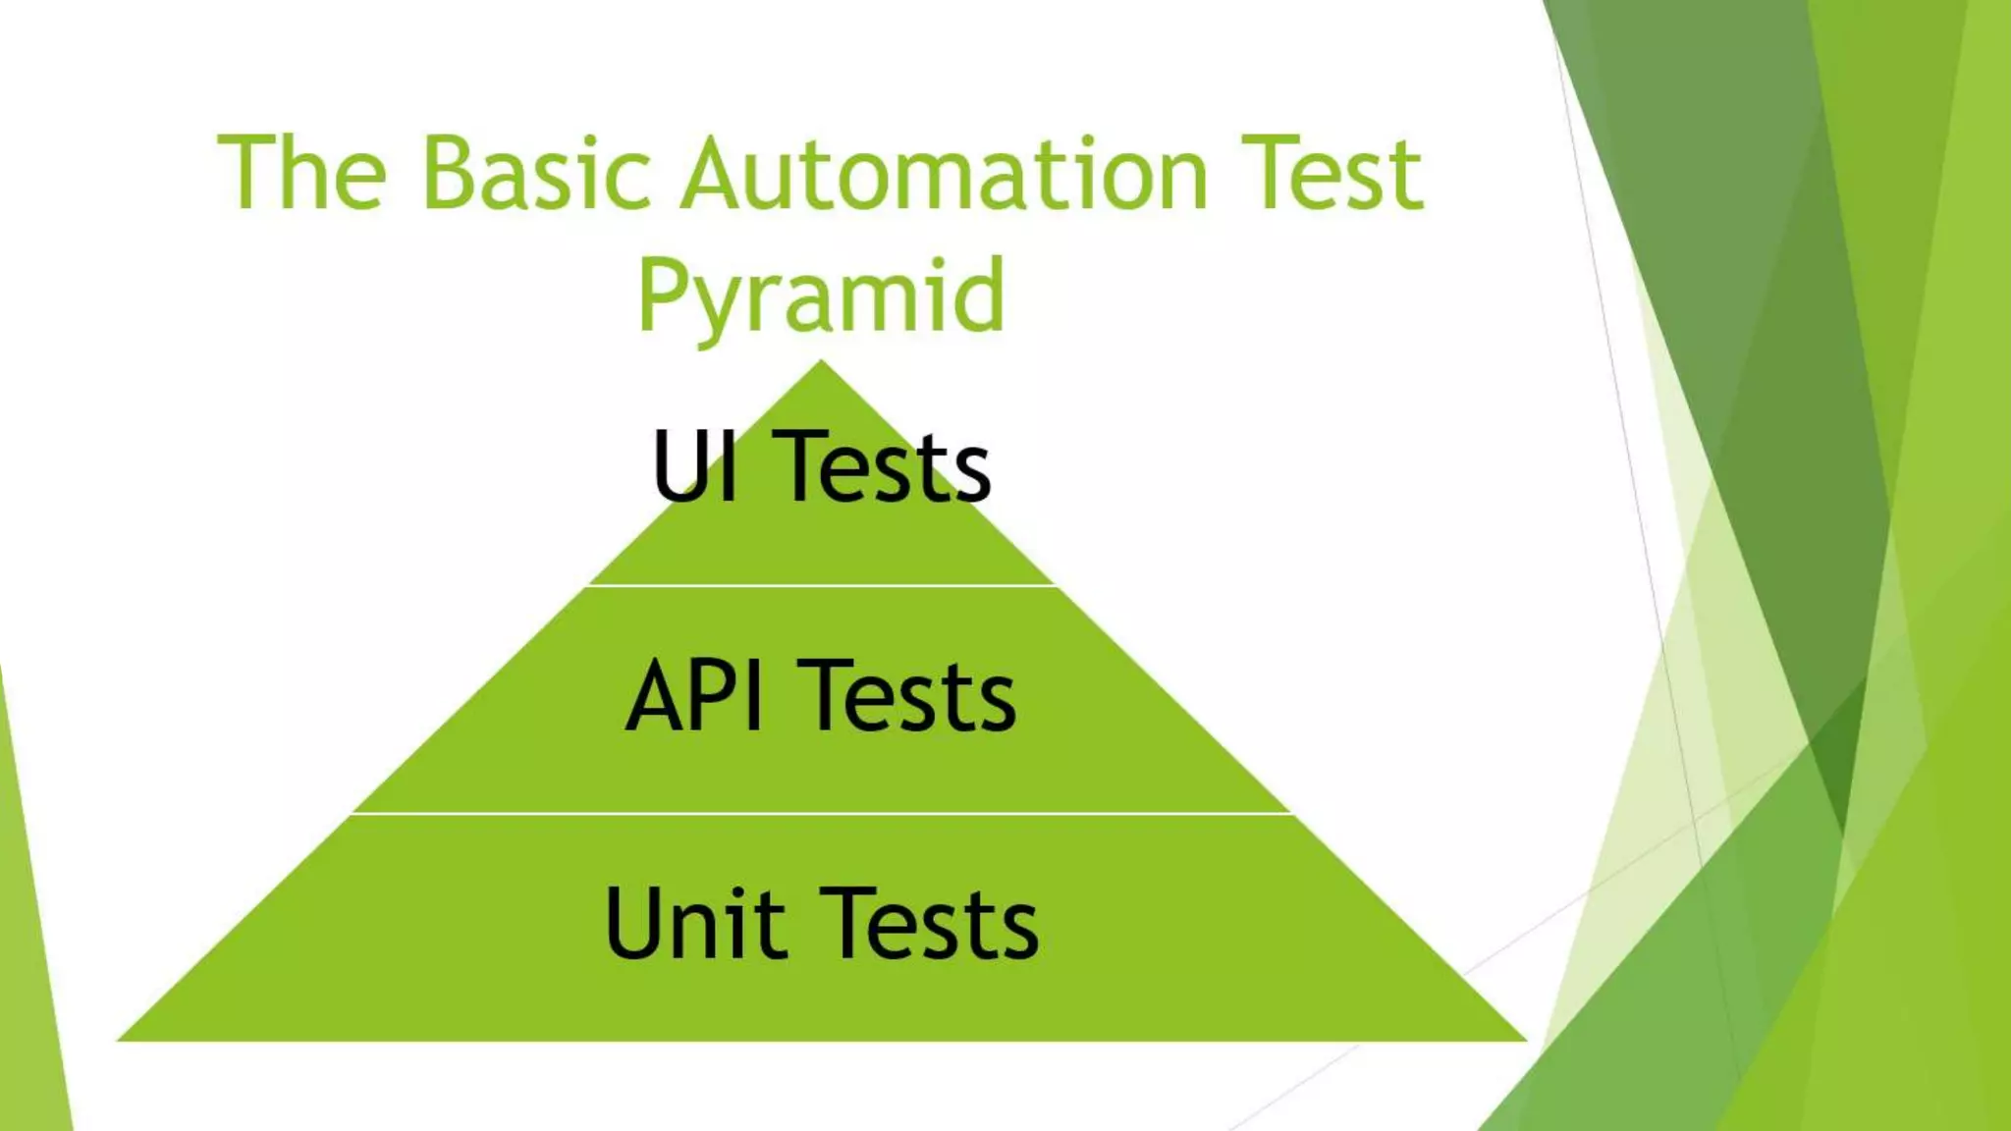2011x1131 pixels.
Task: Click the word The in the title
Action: click(x=301, y=174)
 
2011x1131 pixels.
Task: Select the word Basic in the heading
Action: click(x=536, y=174)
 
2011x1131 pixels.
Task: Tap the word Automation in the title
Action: click(x=944, y=174)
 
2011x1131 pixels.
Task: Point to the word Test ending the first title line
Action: click(x=1332, y=174)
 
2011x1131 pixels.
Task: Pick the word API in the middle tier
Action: click(x=695, y=697)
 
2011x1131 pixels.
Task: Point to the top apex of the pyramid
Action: click(x=822, y=363)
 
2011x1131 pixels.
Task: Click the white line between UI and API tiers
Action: click(x=822, y=586)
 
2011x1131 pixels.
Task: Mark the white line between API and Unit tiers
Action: click(x=822, y=814)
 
